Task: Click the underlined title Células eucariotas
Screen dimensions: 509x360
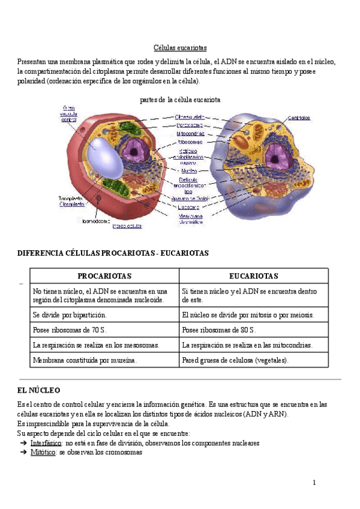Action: click(180, 47)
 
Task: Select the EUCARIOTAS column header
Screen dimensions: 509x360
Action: click(254, 276)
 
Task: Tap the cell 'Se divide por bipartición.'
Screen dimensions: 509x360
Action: click(71, 315)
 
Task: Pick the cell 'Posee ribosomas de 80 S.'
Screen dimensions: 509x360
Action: click(219, 330)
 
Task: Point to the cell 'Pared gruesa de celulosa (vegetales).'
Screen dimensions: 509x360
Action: click(235, 361)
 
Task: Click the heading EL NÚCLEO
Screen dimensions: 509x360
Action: click(39, 390)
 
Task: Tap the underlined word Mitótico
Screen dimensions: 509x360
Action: click(43, 453)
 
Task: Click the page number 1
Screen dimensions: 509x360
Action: click(313, 483)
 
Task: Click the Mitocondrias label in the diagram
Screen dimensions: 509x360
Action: click(191, 134)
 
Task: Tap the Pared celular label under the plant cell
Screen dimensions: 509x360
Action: click(127, 226)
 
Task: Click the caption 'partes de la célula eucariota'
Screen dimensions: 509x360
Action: click(180, 100)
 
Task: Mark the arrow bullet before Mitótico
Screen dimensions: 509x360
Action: click(23, 453)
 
